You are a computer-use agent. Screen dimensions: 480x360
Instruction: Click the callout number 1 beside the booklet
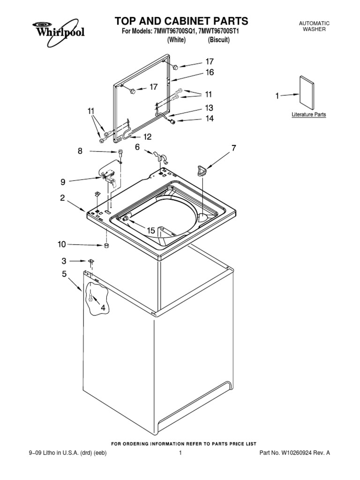click(x=277, y=96)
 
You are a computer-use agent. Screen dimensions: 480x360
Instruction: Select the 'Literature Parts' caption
click(x=309, y=114)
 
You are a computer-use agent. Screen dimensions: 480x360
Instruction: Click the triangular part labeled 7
click(x=202, y=170)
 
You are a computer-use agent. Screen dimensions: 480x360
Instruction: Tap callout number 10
click(x=62, y=244)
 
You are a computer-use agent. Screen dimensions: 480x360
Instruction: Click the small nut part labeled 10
click(x=107, y=245)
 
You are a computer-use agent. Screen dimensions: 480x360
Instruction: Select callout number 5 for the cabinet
click(x=64, y=274)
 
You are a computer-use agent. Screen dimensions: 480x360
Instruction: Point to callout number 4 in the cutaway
click(x=102, y=307)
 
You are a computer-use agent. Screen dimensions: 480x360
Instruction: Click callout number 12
click(x=147, y=137)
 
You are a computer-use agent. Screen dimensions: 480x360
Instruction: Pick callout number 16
click(x=209, y=72)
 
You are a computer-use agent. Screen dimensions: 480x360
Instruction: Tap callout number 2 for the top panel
click(x=62, y=198)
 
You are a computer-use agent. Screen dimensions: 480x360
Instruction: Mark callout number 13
click(x=209, y=107)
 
